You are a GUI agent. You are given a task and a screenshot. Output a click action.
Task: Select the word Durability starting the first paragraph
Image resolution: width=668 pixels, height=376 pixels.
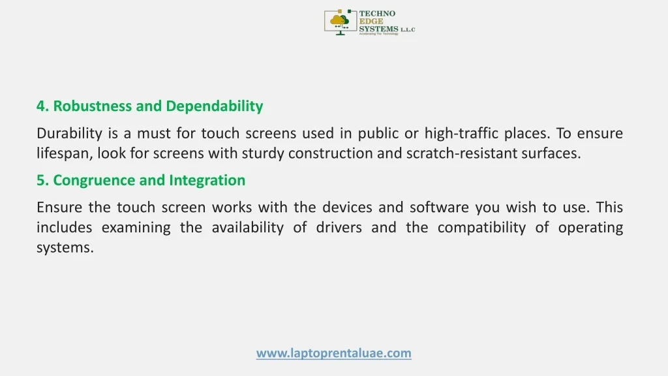click(x=69, y=134)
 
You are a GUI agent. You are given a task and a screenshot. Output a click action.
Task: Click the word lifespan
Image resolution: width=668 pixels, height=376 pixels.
click(x=65, y=154)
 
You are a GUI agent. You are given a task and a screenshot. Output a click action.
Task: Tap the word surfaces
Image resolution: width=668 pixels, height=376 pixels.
click(x=552, y=154)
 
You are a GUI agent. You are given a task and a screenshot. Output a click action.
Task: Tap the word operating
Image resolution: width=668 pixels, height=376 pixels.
click(x=590, y=228)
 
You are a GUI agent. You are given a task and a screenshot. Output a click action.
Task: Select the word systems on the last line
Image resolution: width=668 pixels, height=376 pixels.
click(x=65, y=248)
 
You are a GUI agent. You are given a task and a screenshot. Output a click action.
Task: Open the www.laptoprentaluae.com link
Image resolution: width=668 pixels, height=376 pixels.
click(x=333, y=353)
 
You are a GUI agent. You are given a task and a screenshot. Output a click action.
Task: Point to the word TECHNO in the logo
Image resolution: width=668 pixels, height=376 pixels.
click(x=378, y=14)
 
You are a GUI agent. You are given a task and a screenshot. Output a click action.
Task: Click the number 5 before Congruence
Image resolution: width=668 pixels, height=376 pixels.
click(x=40, y=180)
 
